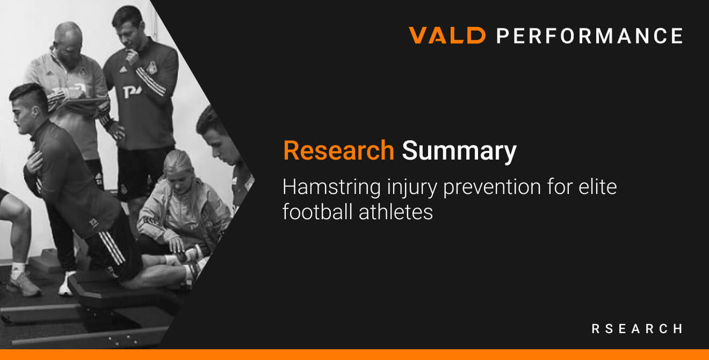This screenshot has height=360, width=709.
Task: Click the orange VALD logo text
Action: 447,35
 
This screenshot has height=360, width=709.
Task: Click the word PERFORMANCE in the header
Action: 590,35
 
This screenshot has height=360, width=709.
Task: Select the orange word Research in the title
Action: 339,150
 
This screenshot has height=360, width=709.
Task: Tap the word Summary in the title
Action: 459,152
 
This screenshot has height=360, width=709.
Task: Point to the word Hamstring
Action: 332,188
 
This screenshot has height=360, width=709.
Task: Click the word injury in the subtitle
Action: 412,188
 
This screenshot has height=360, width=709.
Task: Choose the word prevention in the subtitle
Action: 492,188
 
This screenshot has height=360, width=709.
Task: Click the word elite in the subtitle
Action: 598,187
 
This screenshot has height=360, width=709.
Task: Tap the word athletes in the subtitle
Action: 396,212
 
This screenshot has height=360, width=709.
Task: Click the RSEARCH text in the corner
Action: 637,329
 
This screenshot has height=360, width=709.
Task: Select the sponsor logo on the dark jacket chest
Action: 132,91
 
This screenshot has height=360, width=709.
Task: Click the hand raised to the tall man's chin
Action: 132,57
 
